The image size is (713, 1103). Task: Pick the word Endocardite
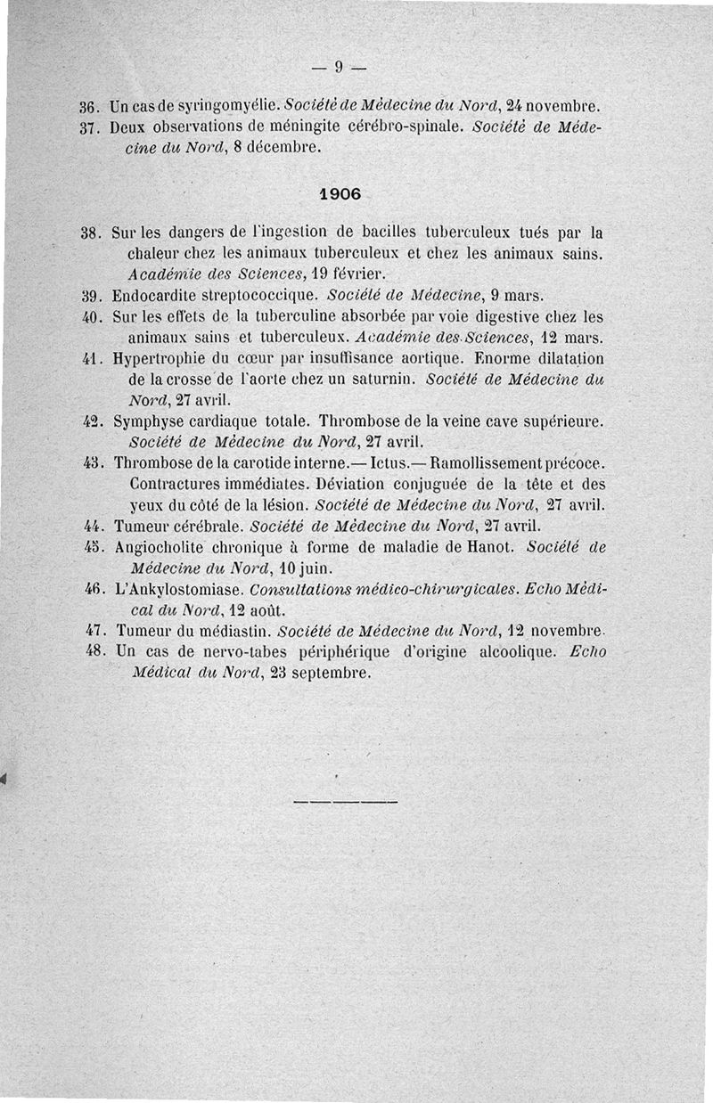click(153, 295)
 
